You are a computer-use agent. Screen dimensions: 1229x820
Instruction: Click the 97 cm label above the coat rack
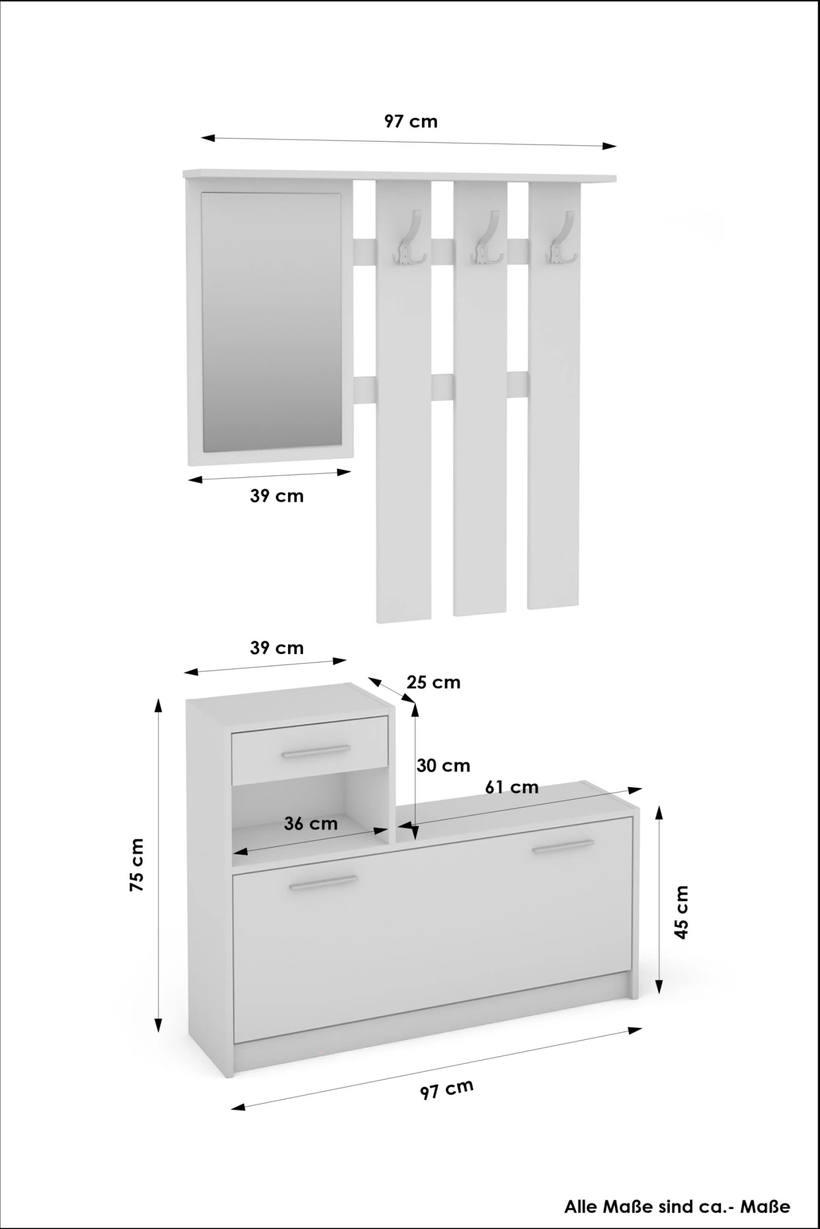coord(411,121)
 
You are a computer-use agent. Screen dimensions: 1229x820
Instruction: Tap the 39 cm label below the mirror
coord(277,496)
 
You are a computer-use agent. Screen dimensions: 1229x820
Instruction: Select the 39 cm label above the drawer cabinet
coord(277,648)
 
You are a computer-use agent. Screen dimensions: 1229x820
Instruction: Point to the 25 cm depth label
coord(433,682)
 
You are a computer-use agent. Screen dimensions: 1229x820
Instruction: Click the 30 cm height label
coord(443,765)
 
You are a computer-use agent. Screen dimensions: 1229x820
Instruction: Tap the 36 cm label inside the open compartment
coord(311,823)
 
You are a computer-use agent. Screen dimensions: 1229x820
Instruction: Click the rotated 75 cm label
coord(137,865)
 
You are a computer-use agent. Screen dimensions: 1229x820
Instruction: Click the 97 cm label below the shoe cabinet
coord(447,1089)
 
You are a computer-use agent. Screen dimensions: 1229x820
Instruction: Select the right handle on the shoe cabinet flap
coord(563,846)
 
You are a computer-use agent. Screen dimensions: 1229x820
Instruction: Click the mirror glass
coord(271,323)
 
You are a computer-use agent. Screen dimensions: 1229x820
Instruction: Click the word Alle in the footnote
coord(581,1207)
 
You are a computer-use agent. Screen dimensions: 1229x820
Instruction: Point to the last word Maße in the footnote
coord(765,1207)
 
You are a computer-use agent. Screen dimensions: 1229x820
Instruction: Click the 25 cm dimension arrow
coord(390,689)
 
